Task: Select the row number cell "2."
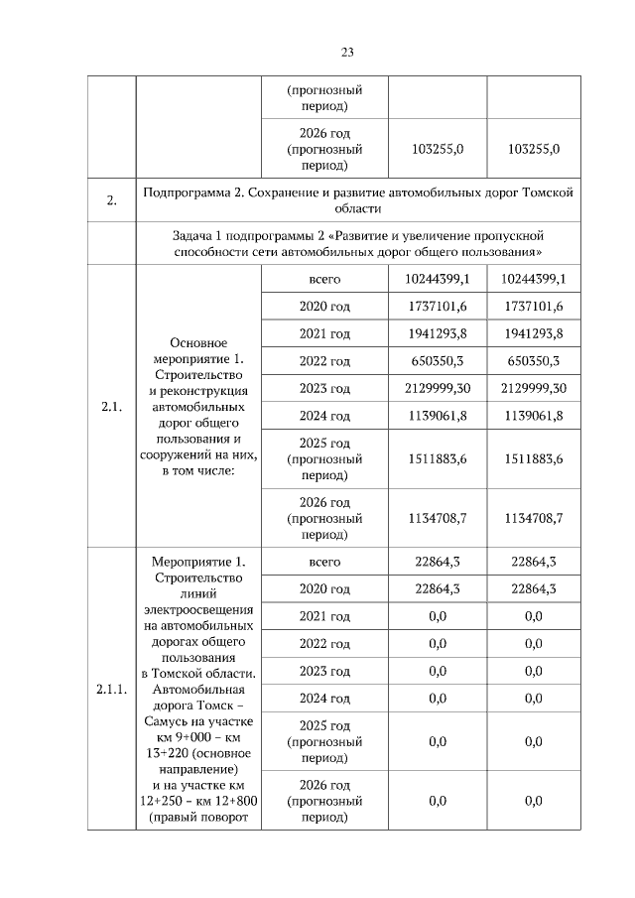111,201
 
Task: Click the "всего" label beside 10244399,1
324,280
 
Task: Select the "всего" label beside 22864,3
324,562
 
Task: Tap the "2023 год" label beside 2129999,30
324,388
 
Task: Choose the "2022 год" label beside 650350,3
324,361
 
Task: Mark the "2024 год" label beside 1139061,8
324,416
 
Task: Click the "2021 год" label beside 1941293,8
324,333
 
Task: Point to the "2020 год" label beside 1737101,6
324,307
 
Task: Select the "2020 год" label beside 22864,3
324,589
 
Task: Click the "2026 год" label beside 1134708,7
324,502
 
